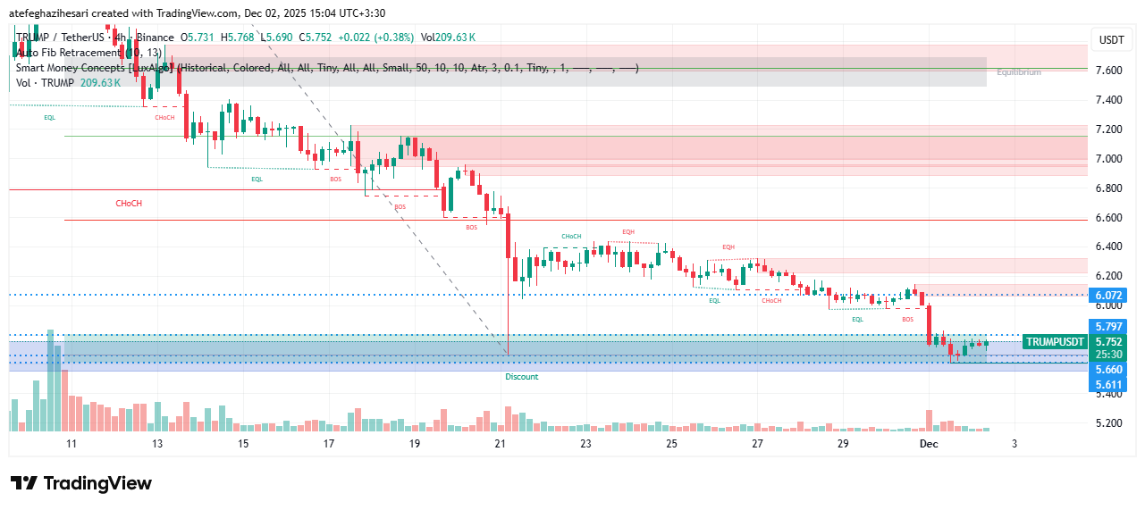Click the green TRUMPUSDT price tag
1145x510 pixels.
click(1055, 342)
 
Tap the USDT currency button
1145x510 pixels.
click(1111, 40)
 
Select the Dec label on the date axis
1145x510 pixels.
click(930, 444)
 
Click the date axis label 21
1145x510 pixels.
click(501, 444)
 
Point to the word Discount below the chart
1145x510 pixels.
click(522, 377)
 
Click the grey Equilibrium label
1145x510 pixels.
click(1019, 72)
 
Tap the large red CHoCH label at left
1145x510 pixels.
click(129, 204)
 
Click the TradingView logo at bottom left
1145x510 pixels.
click(81, 483)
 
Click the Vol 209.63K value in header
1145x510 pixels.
click(448, 38)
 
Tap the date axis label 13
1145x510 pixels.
click(157, 444)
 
